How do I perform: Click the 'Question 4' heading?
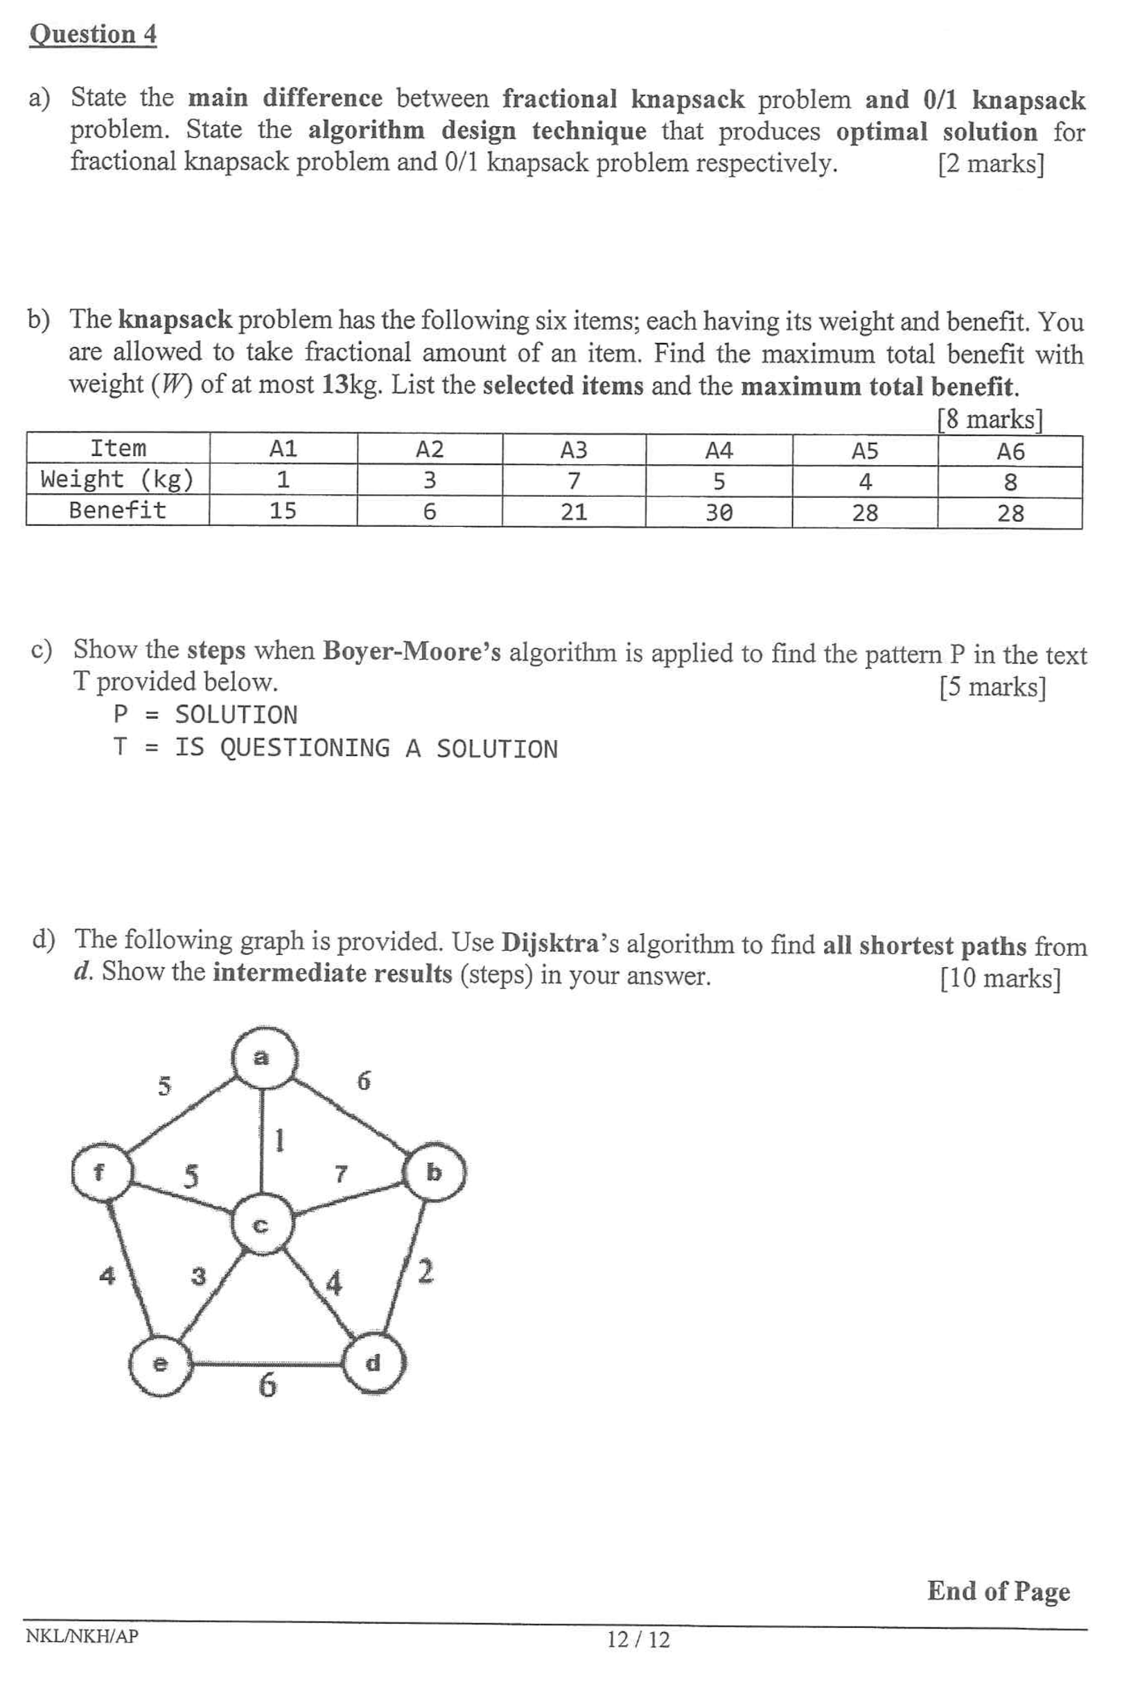pos(93,34)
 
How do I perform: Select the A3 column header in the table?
pos(573,450)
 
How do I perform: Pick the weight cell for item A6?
pos(1010,482)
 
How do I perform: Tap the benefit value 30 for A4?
pos(719,513)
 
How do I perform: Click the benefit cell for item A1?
pos(283,511)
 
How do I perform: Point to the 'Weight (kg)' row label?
pos(118,479)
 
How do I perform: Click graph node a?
pos(263,1058)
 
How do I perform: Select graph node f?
pos(101,1173)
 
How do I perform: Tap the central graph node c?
pos(262,1225)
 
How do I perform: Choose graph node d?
pos(373,1363)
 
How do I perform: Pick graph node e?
pos(160,1364)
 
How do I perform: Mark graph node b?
pos(435,1173)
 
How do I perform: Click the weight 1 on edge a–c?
pos(280,1140)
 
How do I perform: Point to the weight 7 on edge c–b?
pos(340,1173)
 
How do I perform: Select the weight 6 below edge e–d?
pos(267,1385)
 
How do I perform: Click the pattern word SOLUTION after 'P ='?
pos(236,715)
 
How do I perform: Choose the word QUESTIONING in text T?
pos(304,748)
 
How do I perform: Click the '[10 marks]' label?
pos(1000,978)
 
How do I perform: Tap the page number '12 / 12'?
pos(638,1639)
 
